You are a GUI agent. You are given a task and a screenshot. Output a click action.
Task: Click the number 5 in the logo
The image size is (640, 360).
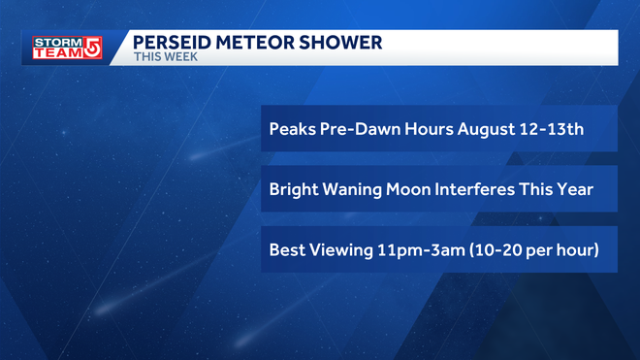pos(93,49)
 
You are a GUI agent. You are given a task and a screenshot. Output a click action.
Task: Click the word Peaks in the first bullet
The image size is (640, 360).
pos(292,129)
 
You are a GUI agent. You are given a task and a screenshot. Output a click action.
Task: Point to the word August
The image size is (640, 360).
pos(443,129)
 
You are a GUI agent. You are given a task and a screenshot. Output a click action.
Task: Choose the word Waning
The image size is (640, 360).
pos(358,190)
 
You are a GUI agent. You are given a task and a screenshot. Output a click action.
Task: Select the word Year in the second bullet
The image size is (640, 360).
pos(574,190)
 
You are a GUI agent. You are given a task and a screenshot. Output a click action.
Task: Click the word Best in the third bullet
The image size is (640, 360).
pos(289,250)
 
